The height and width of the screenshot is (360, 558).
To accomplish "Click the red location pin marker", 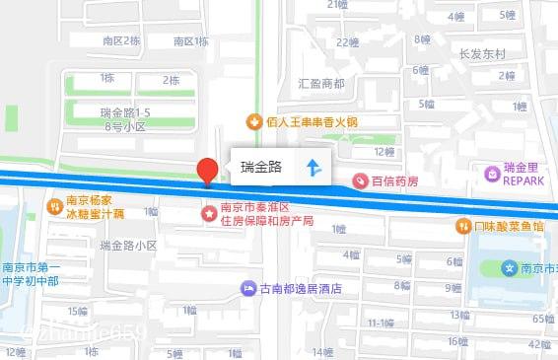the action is click(207, 170).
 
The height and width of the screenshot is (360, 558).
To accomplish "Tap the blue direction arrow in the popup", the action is click(313, 168).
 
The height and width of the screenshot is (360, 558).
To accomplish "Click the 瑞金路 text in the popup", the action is click(262, 168).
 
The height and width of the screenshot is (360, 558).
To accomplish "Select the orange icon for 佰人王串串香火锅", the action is click(253, 121).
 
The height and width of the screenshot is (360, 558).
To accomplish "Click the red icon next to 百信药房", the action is click(361, 181).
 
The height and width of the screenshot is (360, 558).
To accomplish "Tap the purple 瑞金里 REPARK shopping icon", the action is click(491, 174).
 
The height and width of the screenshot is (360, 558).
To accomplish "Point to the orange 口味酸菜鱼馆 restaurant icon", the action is click(462, 226).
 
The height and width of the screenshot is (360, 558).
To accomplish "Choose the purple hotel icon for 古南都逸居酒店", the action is click(247, 289).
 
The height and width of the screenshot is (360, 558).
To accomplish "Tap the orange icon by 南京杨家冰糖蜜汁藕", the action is click(55, 206).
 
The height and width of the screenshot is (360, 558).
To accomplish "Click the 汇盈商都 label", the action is click(321, 83).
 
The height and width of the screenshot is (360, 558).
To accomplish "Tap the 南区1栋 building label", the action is click(191, 41).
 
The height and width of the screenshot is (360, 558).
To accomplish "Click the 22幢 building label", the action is click(347, 42).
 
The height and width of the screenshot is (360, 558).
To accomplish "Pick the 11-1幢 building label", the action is click(381, 323).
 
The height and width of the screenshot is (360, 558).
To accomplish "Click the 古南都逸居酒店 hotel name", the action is click(300, 290).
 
